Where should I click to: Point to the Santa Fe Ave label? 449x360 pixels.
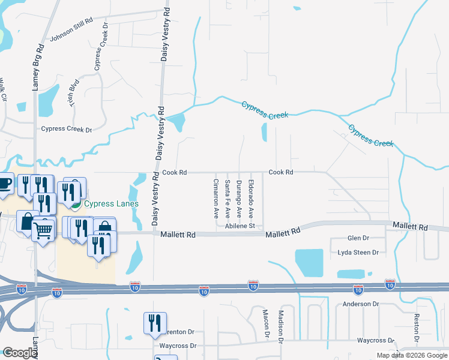(227, 198)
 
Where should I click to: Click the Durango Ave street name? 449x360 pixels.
(239, 198)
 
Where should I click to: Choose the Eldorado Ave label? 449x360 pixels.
(251, 199)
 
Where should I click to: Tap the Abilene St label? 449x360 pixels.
(240, 226)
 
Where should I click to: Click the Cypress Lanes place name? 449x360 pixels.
(111, 203)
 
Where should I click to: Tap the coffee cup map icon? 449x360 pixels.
(4, 182)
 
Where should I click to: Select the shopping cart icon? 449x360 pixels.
(42, 229)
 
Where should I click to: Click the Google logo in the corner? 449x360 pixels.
(19, 353)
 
